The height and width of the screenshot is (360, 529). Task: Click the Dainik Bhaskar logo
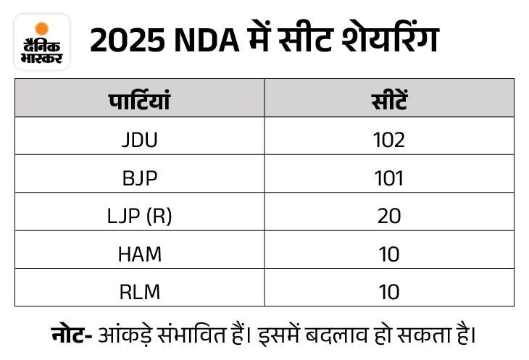pos(42,42)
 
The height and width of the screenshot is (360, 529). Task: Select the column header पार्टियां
pos(139,99)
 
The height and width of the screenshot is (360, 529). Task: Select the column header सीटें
pos(389,99)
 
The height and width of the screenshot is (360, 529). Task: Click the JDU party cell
pos(139,139)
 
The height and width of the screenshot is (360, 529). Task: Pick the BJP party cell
pos(139,177)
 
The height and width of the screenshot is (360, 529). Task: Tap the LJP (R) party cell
pos(139,216)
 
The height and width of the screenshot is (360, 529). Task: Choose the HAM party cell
pos(139,254)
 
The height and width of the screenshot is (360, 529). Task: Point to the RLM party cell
pos(139,292)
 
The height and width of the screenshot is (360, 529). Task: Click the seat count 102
pos(389,139)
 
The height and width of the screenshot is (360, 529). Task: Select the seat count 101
pos(389,177)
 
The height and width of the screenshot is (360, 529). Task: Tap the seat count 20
pos(389,216)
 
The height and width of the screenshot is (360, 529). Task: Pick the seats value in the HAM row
pos(389,254)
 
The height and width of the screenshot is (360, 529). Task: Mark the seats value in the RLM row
pos(389,292)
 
